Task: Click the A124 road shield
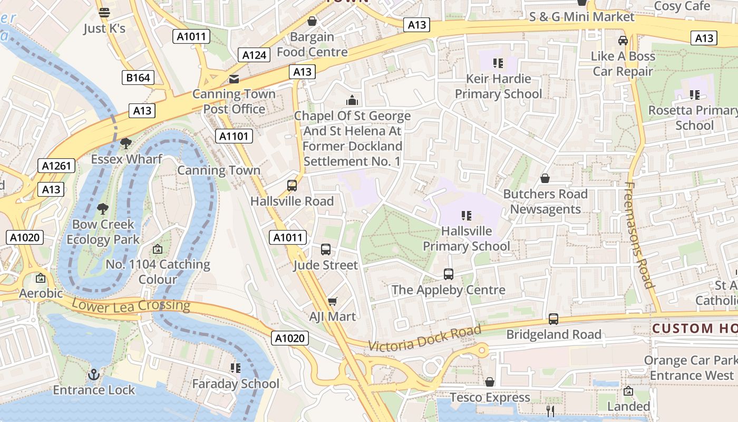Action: coord(255,54)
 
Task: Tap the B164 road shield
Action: coord(138,78)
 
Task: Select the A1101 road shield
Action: coord(234,137)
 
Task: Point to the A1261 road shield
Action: coord(56,166)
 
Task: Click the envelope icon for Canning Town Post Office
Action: coord(234,79)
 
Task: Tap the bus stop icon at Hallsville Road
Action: coord(292,186)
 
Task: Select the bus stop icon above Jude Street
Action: coord(326,250)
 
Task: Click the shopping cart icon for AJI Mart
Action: coord(332,301)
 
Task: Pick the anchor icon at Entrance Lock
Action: coord(94,375)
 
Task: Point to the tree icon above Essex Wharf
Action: coord(125,143)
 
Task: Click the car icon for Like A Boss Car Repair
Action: coord(623,41)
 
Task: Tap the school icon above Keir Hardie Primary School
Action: coord(498,63)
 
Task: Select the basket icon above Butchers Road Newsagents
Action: coord(545,179)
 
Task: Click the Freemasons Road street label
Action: coord(639,235)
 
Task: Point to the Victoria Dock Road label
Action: coord(425,338)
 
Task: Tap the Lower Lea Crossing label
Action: coord(130,305)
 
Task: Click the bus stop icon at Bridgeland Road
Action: coord(553,319)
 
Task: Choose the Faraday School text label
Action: coord(236,383)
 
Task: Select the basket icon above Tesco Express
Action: coord(490,382)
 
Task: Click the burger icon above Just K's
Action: coord(104,13)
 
